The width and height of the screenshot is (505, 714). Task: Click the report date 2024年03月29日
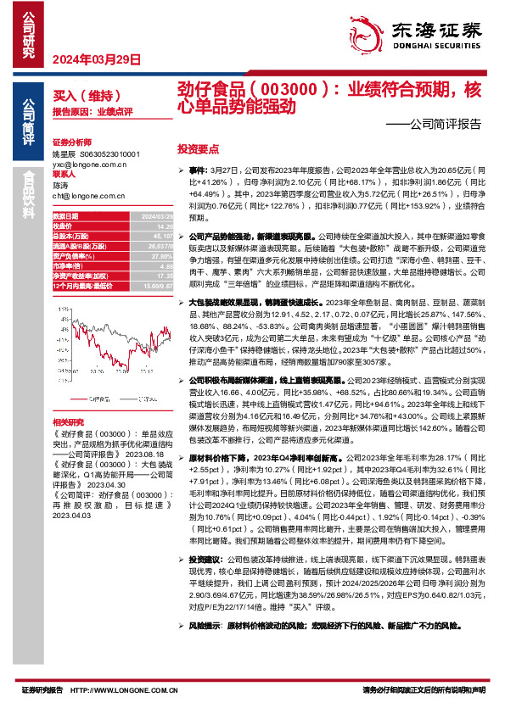(x=95, y=59)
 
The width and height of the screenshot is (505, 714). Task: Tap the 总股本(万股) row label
(x=71, y=236)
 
